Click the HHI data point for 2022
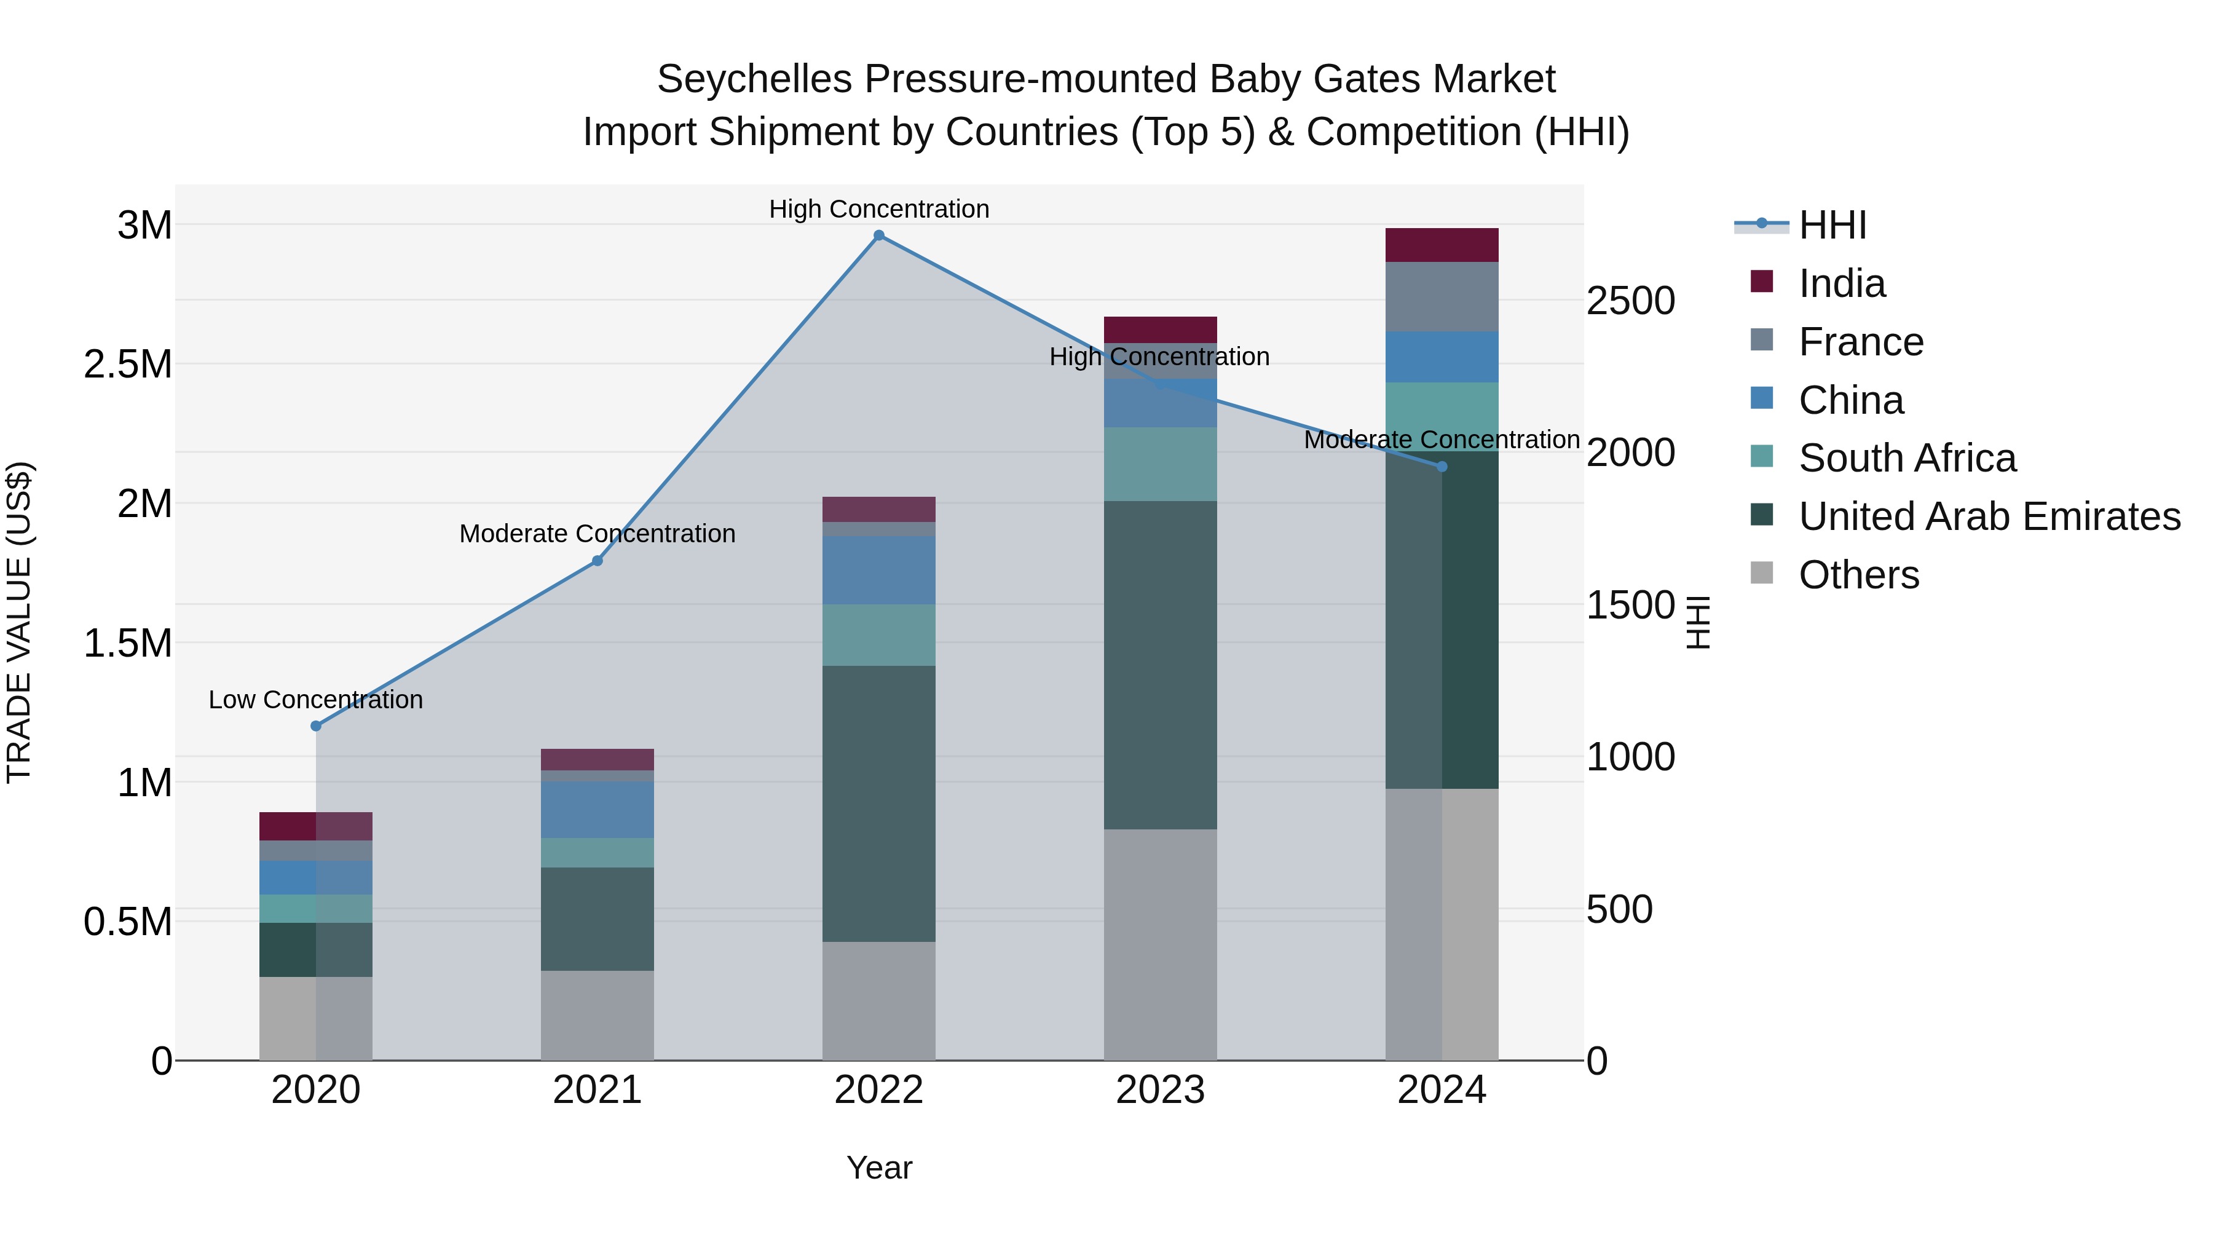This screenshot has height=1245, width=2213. point(879,235)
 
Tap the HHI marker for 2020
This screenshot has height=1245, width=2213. point(316,726)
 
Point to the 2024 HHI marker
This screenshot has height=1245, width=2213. point(1442,467)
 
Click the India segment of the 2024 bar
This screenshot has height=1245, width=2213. point(1442,245)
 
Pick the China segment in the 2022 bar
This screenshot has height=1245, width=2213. point(879,570)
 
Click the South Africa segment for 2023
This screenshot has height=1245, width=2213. point(1160,464)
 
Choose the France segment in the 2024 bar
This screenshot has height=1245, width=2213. point(1442,296)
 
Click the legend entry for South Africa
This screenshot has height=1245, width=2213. point(1906,458)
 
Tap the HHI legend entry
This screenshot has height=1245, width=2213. point(1832,225)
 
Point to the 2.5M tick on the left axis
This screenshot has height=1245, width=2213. point(128,365)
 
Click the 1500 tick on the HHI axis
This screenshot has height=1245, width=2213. point(1630,605)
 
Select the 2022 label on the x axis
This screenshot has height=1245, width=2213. point(879,1090)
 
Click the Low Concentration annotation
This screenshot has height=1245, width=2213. point(315,700)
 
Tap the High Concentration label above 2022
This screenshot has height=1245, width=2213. point(879,209)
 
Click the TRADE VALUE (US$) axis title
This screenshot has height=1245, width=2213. point(19,622)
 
